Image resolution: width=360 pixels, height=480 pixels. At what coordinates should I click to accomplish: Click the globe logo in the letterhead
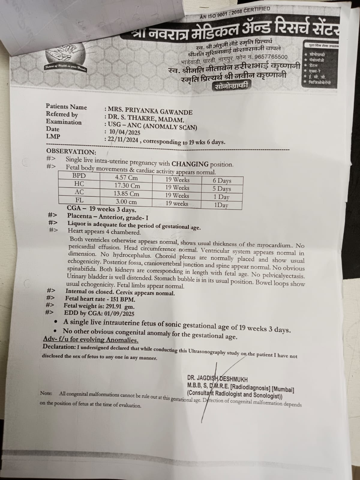(x=66, y=56)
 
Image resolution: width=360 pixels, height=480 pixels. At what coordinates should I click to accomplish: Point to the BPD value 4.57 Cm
(x=126, y=177)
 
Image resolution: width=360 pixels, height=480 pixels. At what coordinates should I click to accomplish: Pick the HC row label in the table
(x=79, y=184)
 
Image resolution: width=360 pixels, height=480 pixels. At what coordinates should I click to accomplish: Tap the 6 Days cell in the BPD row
(x=222, y=181)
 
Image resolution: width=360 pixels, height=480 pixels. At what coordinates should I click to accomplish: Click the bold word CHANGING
(x=190, y=164)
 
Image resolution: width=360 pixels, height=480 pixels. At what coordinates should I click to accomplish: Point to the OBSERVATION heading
(x=71, y=152)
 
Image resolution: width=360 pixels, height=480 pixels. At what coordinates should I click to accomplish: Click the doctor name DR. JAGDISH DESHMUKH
(x=217, y=379)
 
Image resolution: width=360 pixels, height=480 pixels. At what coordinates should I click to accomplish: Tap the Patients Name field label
(x=66, y=107)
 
